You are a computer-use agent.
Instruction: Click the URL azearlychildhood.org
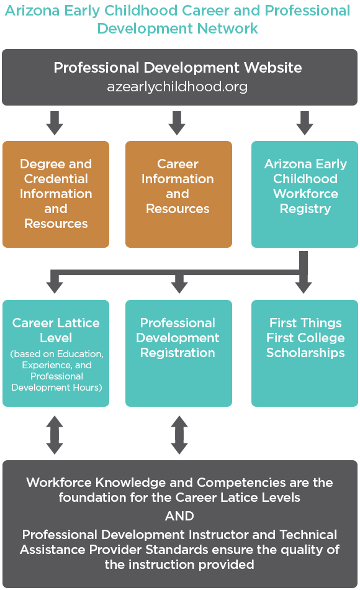tap(177, 87)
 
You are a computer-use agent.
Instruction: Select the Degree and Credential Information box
tap(56, 194)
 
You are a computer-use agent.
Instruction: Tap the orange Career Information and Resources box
tap(179, 194)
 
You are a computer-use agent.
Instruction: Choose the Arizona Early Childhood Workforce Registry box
tap(305, 194)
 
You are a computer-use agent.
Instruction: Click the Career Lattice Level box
tap(56, 353)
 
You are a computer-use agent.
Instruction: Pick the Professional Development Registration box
tap(179, 353)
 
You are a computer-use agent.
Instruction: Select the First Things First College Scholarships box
tap(305, 353)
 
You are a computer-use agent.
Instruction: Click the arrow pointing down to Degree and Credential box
tap(55, 123)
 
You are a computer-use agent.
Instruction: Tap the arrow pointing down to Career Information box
tap(177, 123)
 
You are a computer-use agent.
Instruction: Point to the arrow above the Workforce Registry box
tap(305, 123)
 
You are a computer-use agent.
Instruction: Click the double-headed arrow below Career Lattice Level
tap(55, 435)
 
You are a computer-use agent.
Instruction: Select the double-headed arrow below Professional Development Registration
tap(179, 435)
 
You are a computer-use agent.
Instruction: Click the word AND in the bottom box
tap(179, 516)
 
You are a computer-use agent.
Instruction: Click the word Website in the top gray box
tap(272, 68)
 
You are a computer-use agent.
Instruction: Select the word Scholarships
tap(305, 353)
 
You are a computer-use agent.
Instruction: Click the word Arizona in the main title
tap(32, 11)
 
